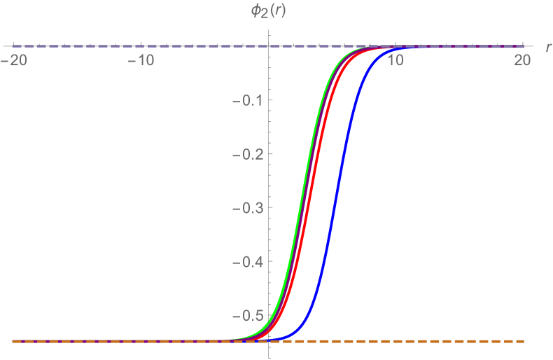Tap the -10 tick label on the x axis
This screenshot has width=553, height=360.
142,61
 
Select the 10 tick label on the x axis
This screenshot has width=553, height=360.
395,61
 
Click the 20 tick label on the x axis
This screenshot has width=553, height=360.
522,61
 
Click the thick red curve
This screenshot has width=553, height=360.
314,189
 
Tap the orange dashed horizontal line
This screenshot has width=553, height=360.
420,341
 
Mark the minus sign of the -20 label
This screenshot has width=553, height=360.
7,61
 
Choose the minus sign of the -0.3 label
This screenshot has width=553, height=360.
234,209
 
